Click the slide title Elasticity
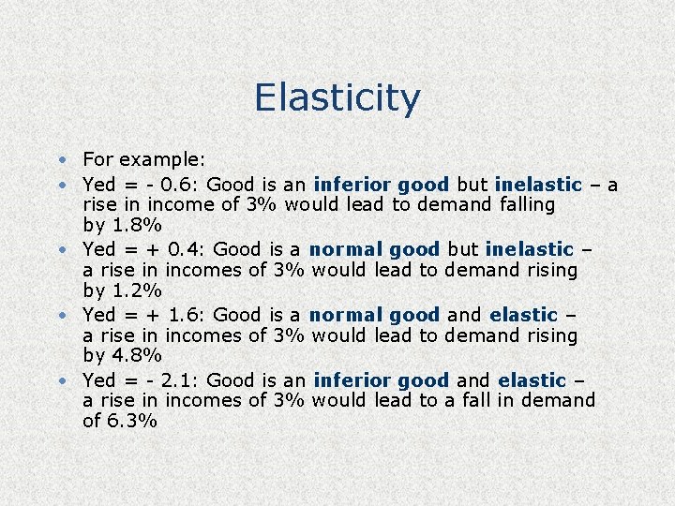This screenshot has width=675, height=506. (337, 97)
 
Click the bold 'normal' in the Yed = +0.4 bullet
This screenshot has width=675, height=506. (346, 249)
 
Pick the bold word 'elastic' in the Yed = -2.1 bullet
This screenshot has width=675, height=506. (532, 380)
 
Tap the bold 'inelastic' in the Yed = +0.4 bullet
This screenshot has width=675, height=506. (531, 249)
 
